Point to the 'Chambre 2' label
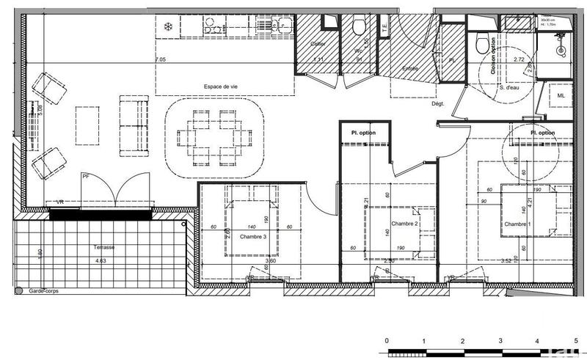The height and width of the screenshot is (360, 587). [x=404, y=224]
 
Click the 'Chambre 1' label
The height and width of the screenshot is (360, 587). [x=517, y=224]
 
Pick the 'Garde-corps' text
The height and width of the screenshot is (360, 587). [x=44, y=291]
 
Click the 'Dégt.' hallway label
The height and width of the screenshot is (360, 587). [x=438, y=104]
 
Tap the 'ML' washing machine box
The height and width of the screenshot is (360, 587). [x=561, y=96]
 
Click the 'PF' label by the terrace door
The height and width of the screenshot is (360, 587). [x=87, y=176]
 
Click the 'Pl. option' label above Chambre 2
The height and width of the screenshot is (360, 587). [x=365, y=133]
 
